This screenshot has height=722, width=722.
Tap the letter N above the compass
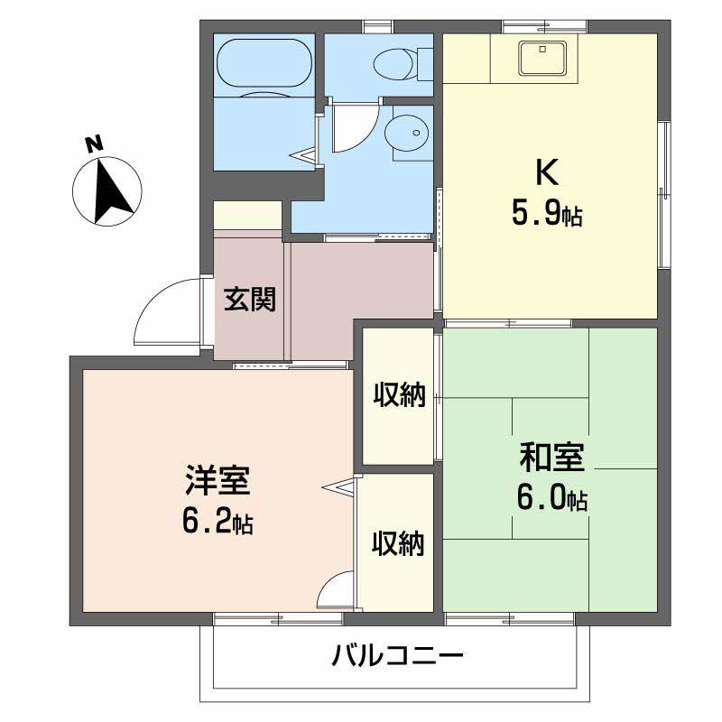coord(91,143)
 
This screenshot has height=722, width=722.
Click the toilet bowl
coord(395,63)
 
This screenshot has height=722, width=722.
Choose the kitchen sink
coord(540,60)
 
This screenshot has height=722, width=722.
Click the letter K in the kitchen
coord(547,171)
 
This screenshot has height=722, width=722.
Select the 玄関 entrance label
coord(249,299)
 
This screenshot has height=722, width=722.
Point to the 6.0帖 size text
coord(552,499)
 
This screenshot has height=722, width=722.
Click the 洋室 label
coord(217,481)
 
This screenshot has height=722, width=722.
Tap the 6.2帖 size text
coord(218,522)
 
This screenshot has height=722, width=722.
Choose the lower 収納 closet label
coord(398,543)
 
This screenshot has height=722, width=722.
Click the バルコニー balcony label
coord(397,654)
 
